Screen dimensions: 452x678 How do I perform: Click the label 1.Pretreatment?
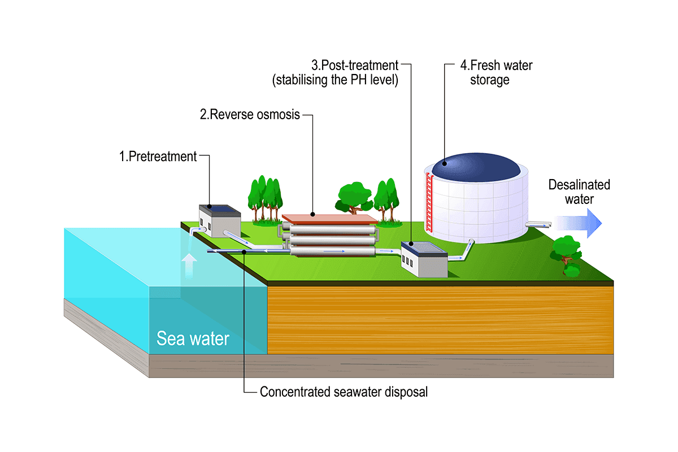(x=158, y=157)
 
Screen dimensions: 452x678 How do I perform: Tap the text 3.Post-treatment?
(x=355, y=66)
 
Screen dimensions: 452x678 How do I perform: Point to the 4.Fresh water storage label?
(x=496, y=73)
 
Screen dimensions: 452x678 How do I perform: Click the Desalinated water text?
(x=579, y=192)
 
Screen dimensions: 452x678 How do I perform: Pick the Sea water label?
(x=193, y=339)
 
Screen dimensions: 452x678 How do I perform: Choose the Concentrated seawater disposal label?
(x=344, y=392)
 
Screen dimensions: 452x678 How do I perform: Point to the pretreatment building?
(x=219, y=221)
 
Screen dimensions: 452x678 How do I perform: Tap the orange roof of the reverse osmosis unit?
(x=328, y=218)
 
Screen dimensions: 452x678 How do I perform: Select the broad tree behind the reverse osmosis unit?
(x=354, y=196)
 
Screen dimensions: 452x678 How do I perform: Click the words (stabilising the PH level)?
(x=336, y=80)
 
